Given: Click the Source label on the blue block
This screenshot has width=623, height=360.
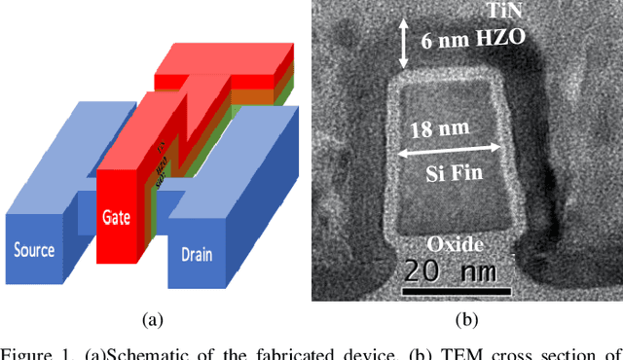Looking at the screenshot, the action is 33,250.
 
